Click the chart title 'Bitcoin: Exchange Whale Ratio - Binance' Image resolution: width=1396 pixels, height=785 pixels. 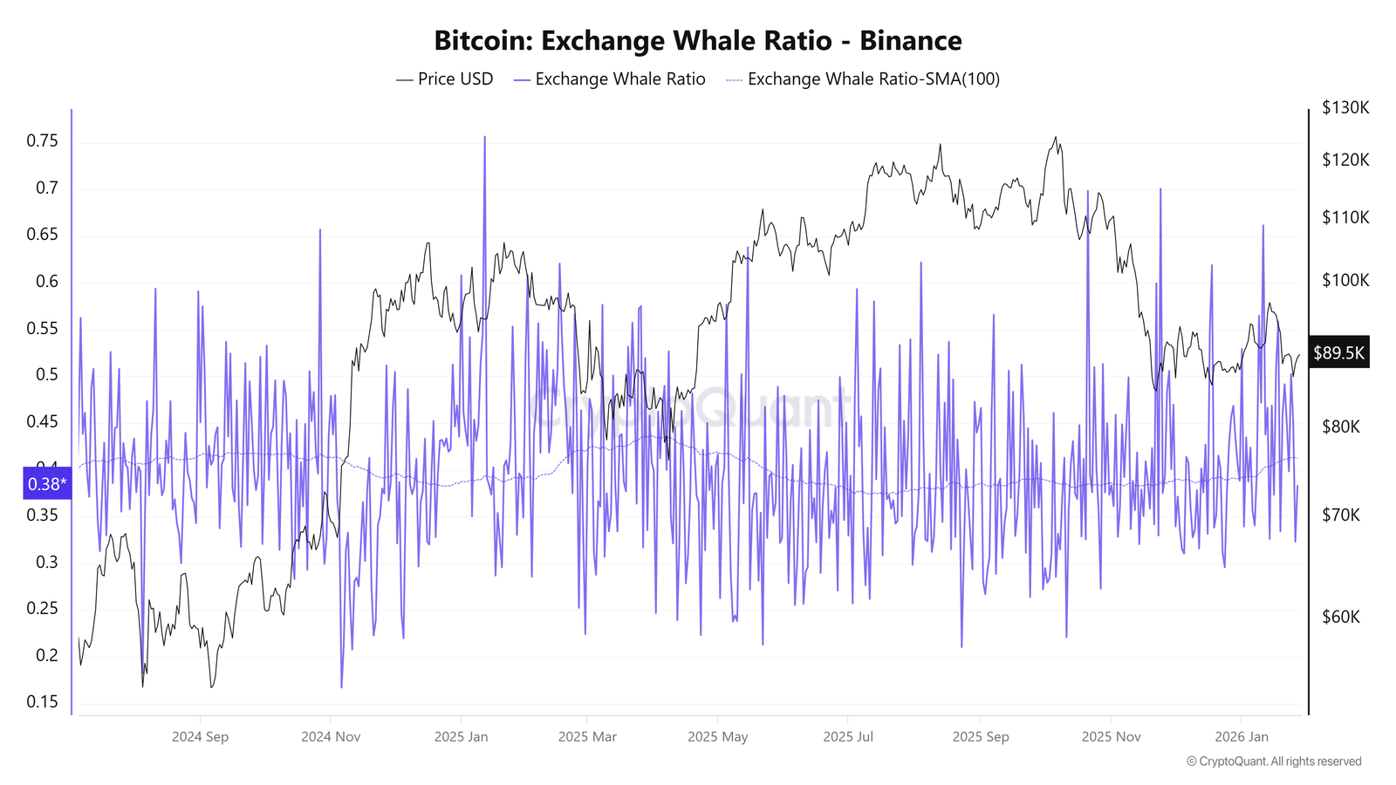coord(697,41)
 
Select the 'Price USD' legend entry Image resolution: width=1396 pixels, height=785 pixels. coord(445,79)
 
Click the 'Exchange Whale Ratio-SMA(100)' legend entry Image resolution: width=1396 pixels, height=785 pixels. coord(863,79)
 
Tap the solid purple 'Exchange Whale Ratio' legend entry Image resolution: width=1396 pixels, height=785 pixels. coord(610,79)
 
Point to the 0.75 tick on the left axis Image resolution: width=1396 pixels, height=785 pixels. coord(42,141)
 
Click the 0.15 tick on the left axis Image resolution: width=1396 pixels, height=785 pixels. coord(42,702)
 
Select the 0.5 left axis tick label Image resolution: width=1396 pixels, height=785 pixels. coord(46,375)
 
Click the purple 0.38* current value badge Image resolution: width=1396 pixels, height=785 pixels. coord(47,484)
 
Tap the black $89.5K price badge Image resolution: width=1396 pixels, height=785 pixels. coord(1338,352)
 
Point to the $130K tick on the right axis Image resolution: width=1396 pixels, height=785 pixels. coord(1345,108)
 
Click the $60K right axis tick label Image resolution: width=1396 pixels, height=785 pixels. coord(1341,618)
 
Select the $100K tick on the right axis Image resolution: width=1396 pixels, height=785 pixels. coord(1345,281)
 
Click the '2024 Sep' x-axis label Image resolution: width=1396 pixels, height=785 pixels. coord(200,737)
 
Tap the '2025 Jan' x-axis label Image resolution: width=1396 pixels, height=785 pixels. coord(461,737)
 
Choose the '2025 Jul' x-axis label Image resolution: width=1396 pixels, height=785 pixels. coord(848,737)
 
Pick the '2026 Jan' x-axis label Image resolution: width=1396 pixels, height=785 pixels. coord(1242,737)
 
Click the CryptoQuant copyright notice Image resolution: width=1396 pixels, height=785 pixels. coord(1274,761)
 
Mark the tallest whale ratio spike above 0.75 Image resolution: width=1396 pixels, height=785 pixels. coord(484,138)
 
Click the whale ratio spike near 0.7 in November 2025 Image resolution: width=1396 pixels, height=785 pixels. coord(1160,189)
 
